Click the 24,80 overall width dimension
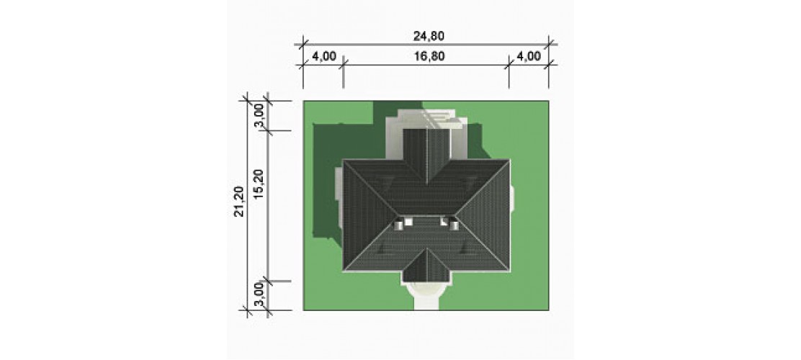click(x=429, y=36)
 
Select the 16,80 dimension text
click(x=429, y=56)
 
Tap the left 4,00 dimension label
click(x=324, y=56)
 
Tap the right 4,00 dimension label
click(x=529, y=56)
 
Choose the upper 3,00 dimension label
click(x=259, y=116)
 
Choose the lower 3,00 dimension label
click(x=259, y=296)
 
